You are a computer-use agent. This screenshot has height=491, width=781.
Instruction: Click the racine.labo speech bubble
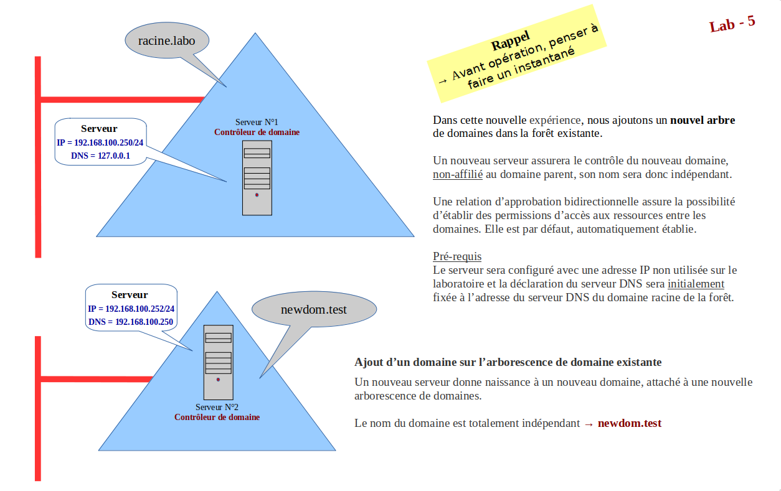tap(166, 40)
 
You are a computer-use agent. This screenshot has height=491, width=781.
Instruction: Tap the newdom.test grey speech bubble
tap(314, 309)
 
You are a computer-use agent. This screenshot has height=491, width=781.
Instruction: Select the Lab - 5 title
tap(732, 24)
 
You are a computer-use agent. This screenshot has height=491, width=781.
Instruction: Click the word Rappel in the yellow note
tap(510, 42)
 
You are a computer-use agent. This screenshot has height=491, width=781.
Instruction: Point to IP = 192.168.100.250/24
tap(100, 143)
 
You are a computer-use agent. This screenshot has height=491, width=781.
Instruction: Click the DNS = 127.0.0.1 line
tap(100, 156)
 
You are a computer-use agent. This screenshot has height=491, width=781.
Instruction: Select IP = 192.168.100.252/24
tap(131, 309)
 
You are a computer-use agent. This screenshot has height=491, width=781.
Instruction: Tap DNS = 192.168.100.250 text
tap(131, 322)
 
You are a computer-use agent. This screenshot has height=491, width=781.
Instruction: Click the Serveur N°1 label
tap(257, 122)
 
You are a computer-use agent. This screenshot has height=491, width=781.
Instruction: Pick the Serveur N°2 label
tap(217, 407)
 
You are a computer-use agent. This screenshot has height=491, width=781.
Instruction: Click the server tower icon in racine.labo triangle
tap(257, 177)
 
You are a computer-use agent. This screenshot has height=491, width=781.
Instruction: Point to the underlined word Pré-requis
tap(457, 256)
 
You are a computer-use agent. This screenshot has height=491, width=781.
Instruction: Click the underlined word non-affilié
tap(458, 174)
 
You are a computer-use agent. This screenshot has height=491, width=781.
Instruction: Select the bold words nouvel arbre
tap(702, 120)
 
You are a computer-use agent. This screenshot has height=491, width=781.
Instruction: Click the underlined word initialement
tap(696, 284)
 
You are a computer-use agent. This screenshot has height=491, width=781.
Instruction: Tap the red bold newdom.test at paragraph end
tap(629, 423)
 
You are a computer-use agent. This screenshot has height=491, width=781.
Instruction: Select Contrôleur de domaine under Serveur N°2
tap(217, 417)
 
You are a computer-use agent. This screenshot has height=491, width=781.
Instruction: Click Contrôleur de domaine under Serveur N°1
tap(257, 132)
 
